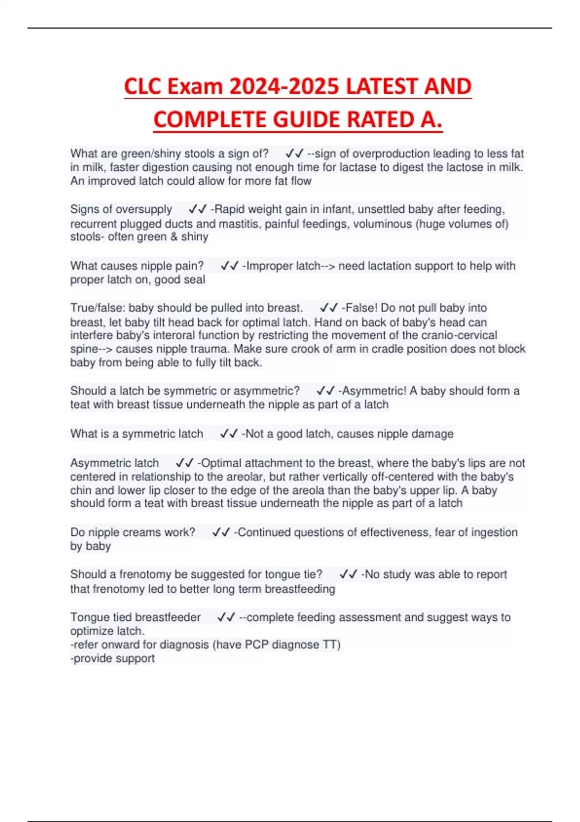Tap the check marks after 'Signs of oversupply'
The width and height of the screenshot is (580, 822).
point(198,209)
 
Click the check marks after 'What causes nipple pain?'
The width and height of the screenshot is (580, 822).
point(230,266)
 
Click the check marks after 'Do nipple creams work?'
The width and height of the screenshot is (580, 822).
point(221,532)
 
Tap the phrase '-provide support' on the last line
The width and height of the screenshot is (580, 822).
point(113,659)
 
